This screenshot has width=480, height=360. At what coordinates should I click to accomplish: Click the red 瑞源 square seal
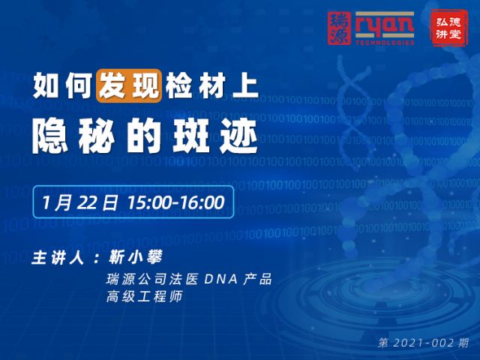click(339, 28)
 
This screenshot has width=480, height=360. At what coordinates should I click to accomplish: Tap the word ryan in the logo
click(385, 26)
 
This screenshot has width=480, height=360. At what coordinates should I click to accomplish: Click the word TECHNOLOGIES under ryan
click(385, 42)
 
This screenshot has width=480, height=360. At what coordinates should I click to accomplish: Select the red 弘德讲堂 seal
click(448, 28)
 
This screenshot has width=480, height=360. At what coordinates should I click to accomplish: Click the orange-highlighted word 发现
click(129, 86)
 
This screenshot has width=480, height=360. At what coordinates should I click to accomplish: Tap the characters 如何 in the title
click(63, 86)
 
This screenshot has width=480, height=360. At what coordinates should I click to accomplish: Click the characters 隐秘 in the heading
click(73, 136)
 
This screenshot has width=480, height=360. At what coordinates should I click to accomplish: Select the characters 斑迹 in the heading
click(215, 136)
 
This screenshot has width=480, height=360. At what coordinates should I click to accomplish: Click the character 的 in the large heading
click(144, 136)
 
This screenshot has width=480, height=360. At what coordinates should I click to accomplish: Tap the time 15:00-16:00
click(175, 202)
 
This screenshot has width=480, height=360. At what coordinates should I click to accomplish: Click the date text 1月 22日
click(79, 202)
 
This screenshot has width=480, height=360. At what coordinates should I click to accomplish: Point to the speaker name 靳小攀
click(135, 257)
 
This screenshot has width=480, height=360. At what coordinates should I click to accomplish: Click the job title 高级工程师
click(145, 296)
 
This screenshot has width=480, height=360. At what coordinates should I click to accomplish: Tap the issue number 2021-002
click(423, 343)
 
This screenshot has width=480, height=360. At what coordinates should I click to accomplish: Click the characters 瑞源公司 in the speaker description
click(136, 279)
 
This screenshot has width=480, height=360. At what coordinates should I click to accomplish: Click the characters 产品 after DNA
click(258, 279)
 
